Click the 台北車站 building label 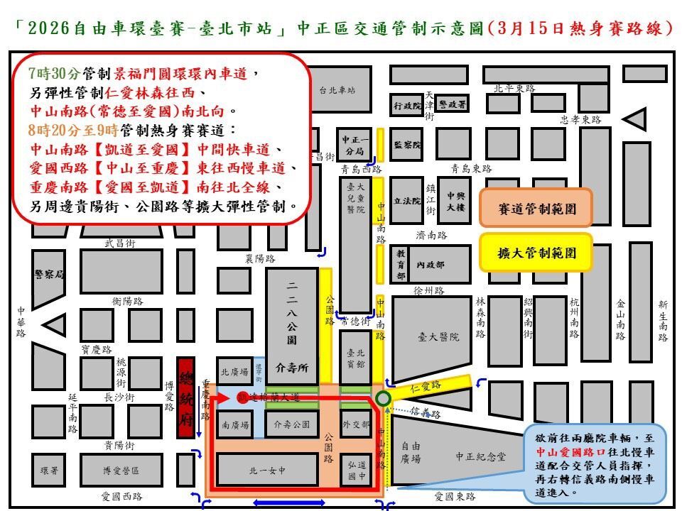tap(337, 90)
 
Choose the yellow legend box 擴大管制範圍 tap(536, 252)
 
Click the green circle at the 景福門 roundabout tap(384, 399)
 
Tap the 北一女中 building tap(267, 469)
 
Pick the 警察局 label tap(48, 274)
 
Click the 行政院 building tap(408, 105)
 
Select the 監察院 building tap(408, 145)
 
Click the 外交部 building tap(356, 424)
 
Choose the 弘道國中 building tap(356, 471)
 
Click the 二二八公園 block tap(292, 319)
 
